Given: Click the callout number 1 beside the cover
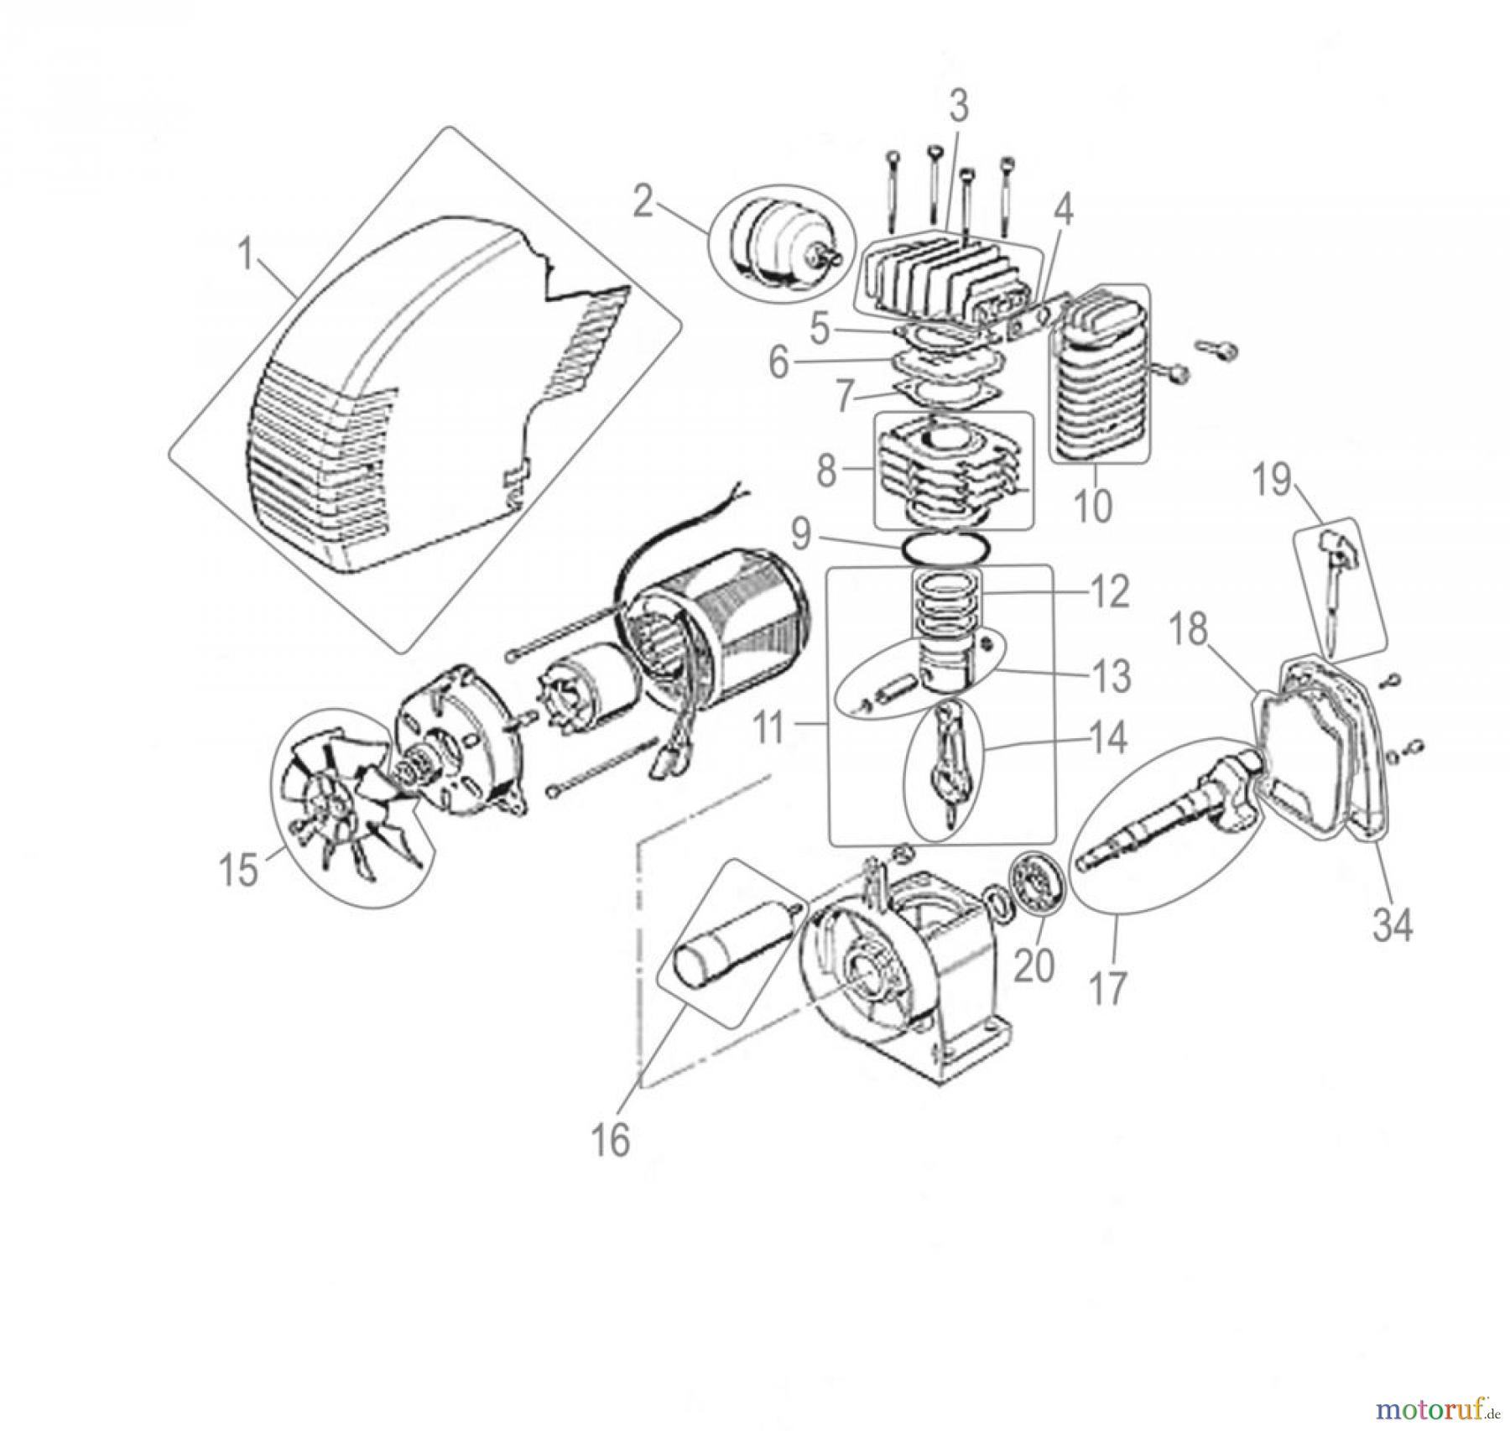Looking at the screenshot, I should tap(246, 255).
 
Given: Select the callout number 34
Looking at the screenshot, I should tap(1392, 926).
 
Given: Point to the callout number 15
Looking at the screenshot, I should tap(237, 870).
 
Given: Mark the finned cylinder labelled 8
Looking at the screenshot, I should tap(952, 472).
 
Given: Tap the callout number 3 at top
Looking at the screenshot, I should tap(958, 107).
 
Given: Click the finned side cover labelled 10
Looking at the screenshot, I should tap(1100, 375).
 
